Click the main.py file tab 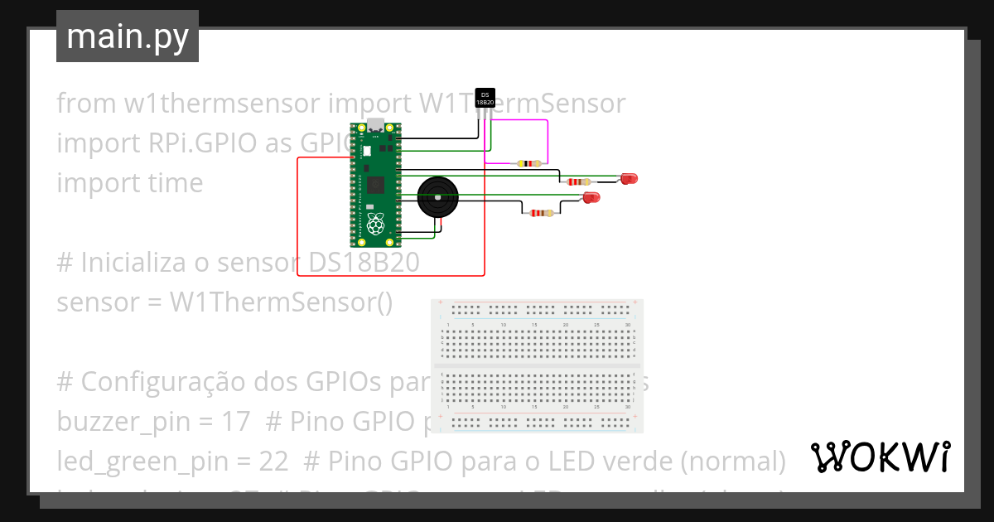click(127, 36)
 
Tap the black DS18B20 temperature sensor click(485, 99)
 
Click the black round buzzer click(436, 197)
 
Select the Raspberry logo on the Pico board click(377, 223)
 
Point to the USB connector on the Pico click(377, 126)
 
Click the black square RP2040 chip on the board click(377, 184)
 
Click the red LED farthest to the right click(630, 178)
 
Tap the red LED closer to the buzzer click(591, 197)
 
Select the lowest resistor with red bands click(541, 213)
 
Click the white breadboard click(537, 366)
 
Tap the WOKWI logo click(881, 457)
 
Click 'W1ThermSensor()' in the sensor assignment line click(281, 302)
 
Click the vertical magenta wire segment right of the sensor click(548, 141)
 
